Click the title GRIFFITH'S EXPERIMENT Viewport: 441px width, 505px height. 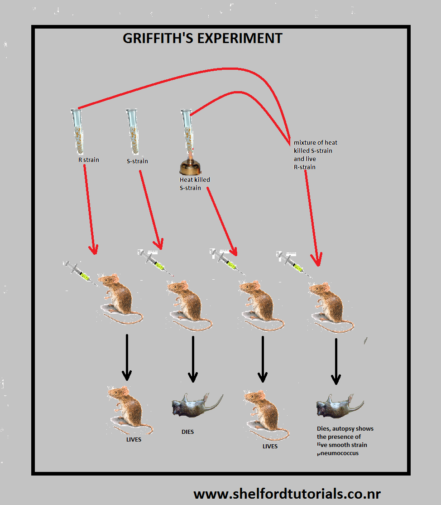202,39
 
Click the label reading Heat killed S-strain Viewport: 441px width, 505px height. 194,184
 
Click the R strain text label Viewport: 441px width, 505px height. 88,160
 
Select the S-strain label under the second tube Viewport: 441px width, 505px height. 137,161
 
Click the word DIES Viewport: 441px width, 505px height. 187,432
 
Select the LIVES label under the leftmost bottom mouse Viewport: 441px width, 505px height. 134,440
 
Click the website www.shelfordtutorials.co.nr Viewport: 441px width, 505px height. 287,493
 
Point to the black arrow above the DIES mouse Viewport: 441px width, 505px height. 193,358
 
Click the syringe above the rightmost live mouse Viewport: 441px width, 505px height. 294,264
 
